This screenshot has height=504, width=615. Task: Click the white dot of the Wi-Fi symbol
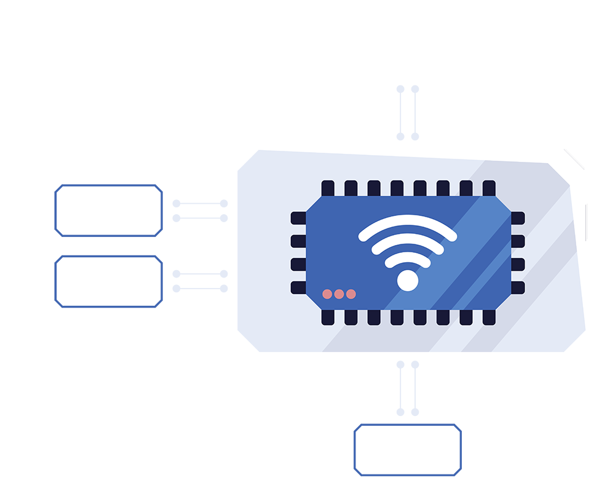coord(407,281)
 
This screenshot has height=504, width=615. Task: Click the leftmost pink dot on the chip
coord(327,294)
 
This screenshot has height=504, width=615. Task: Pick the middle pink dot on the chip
coord(339,294)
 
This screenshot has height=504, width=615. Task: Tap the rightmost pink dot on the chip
coord(351,294)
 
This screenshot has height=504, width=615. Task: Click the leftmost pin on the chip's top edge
coord(328,188)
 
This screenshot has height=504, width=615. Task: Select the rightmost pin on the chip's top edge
coord(489,188)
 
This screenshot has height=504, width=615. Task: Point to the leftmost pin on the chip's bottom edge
coord(328,317)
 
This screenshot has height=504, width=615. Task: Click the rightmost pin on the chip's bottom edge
coord(489,317)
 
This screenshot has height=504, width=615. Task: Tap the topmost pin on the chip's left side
coord(298,218)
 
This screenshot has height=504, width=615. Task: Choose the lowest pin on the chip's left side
coord(298,287)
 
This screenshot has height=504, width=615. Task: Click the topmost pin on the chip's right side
coord(518,218)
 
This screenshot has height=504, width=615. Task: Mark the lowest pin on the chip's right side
coord(518,287)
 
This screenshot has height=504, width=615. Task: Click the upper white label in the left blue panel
coord(108,213)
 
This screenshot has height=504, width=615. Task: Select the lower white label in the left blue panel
coord(105,281)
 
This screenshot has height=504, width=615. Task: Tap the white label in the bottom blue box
coord(406,450)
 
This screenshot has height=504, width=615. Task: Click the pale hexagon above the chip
coord(408,111)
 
